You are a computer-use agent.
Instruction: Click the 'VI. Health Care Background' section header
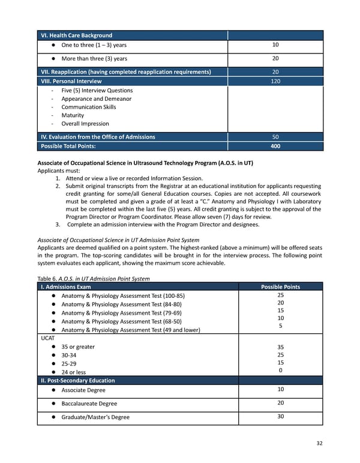[76, 35]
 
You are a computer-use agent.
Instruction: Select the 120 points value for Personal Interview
[275, 81]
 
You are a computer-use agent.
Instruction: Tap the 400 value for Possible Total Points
[275, 146]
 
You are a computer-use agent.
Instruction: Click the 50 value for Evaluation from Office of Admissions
[275, 137]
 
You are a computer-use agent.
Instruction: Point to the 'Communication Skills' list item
[88, 107]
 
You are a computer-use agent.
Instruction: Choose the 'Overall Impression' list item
[85, 124]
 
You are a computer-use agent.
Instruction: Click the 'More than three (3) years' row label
[94, 58]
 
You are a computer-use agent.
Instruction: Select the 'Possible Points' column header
[280, 286]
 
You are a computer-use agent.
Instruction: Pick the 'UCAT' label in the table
[48, 337]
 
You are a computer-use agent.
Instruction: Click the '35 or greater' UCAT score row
[78, 346]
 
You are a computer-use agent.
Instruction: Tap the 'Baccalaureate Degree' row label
[89, 404]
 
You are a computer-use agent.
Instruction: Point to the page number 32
[319, 443]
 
